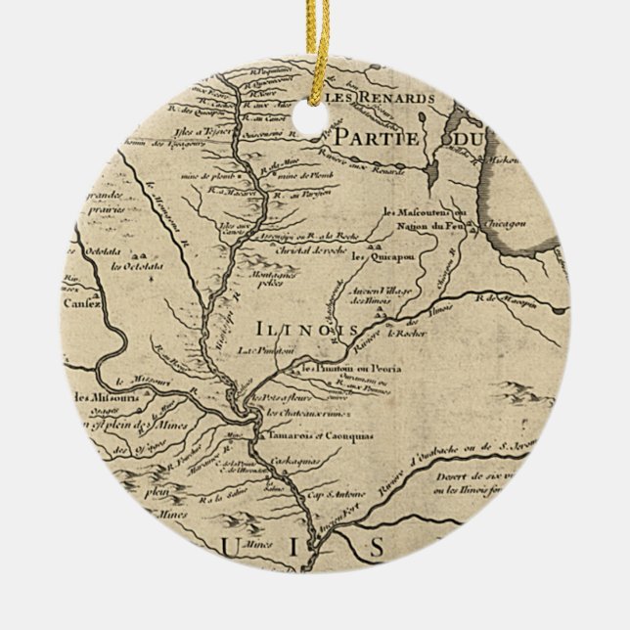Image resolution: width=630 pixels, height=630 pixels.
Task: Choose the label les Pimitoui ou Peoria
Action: pos(346,369)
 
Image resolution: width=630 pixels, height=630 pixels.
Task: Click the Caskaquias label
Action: pos(297,458)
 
